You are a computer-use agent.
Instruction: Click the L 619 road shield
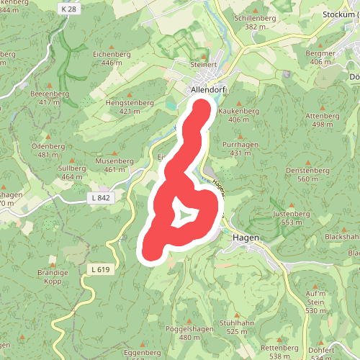point(101,269)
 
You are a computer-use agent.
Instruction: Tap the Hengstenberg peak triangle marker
point(130,94)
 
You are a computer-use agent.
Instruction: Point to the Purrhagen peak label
point(245,145)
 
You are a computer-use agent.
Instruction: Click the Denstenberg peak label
point(307,170)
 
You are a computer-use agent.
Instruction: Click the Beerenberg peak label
point(49,94)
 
